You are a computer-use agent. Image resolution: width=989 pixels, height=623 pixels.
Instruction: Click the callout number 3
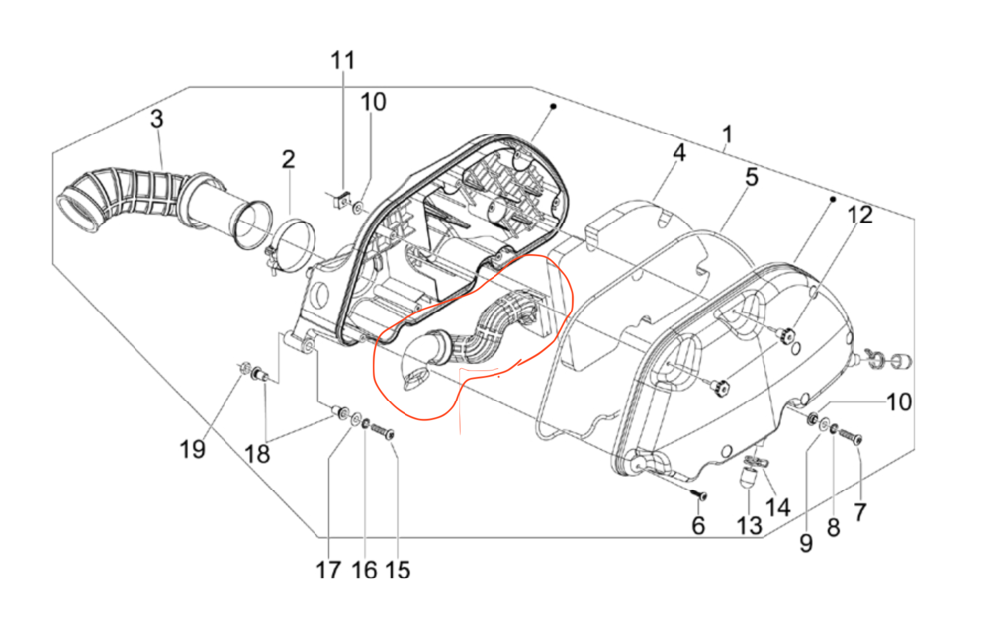(156, 121)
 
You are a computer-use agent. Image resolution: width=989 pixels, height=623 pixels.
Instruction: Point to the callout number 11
(341, 60)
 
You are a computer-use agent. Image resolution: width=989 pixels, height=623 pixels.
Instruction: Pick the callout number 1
(727, 133)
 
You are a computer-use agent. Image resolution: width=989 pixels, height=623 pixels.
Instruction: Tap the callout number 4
(679, 154)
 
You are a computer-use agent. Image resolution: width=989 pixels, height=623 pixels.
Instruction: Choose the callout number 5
(751, 178)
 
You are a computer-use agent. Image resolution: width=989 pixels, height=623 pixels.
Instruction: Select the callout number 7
(859, 512)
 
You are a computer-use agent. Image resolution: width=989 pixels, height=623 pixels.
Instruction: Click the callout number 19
(192, 450)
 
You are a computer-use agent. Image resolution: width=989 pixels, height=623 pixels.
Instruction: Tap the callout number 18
(257, 454)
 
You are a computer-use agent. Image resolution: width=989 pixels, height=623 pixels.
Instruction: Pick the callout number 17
(328, 570)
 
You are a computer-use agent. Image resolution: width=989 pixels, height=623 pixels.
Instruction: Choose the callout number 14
(778, 508)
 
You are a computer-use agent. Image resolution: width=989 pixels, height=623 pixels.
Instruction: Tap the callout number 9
(806, 542)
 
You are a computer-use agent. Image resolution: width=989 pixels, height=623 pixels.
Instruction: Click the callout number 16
(363, 570)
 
